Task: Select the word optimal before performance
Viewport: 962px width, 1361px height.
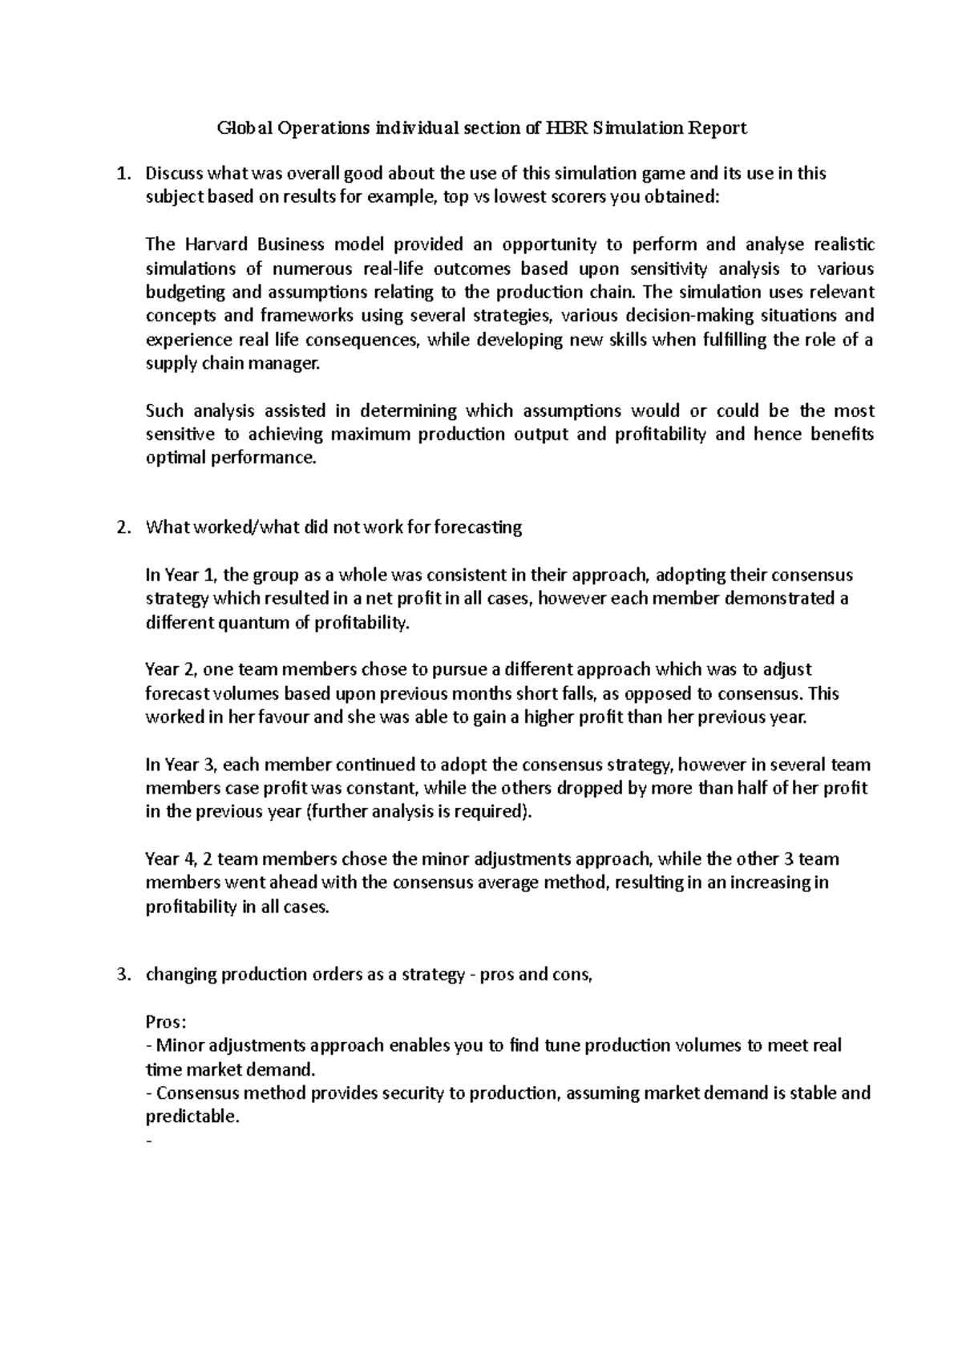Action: [176, 458]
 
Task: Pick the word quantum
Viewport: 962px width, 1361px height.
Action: [251, 623]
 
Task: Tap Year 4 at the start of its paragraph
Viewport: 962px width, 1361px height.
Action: [171, 859]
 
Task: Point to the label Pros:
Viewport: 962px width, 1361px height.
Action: [166, 1023]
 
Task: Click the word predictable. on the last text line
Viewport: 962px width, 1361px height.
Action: [192, 1117]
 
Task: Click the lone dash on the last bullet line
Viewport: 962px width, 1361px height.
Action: [148, 1141]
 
